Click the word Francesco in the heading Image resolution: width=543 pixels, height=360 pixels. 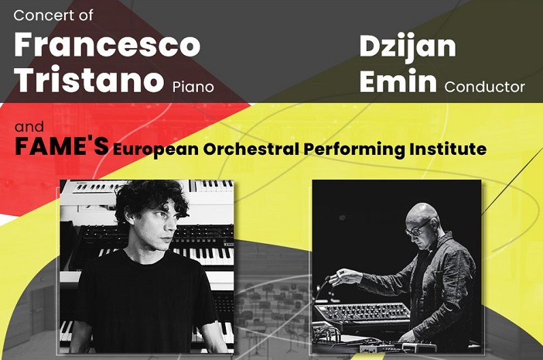[x=108, y=45]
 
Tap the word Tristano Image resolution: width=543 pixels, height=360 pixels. [x=89, y=79]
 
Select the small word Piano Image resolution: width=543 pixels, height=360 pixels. [x=193, y=87]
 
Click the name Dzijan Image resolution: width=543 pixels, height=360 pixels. [x=408, y=47]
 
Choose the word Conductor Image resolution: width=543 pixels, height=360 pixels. [x=485, y=87]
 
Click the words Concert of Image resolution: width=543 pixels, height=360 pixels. [x=53, y=15]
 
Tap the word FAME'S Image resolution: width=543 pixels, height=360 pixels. [x=62, y=146]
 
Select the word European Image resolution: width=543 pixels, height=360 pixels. [x=155, y=149]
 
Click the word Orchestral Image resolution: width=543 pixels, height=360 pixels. [x=251, y=149]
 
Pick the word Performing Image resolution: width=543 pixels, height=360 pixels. [x=354, y=149]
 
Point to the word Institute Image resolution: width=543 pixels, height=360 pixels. [x=448, y=149]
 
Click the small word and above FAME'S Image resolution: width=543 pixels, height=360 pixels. [x=29, y=127]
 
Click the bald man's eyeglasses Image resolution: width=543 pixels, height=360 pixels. [x=419, y=228]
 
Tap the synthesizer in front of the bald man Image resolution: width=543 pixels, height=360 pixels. [x=363, y=314]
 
